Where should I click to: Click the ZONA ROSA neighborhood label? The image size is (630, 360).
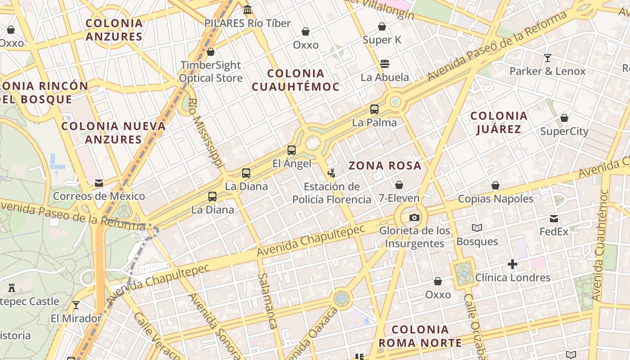(385, 166)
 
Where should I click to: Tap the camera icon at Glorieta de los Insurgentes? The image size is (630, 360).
(414, 218)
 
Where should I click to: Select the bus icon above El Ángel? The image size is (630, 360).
(292, 150)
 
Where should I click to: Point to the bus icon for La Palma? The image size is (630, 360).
(374, 109)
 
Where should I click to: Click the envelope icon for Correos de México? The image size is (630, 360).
(99, 183)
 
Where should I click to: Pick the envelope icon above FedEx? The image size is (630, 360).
(554, 219)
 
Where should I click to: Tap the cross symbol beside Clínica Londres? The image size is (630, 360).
(513, 264)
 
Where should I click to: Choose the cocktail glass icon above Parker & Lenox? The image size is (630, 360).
(548, 58)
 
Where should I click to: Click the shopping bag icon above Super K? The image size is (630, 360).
(382, 27)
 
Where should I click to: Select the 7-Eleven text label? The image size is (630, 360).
(399, 198)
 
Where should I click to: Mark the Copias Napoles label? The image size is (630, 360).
(495, 198)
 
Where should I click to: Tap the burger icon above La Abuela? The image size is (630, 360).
(384, 63)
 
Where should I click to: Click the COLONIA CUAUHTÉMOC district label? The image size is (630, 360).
(295, 80)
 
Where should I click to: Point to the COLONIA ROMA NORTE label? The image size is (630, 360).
(420, 336)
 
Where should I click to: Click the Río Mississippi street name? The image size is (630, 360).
(206, 134)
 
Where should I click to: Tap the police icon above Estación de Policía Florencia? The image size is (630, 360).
(332, 173)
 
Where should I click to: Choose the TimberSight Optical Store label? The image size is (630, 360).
(211, 72)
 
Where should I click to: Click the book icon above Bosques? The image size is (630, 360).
(477, 228)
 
